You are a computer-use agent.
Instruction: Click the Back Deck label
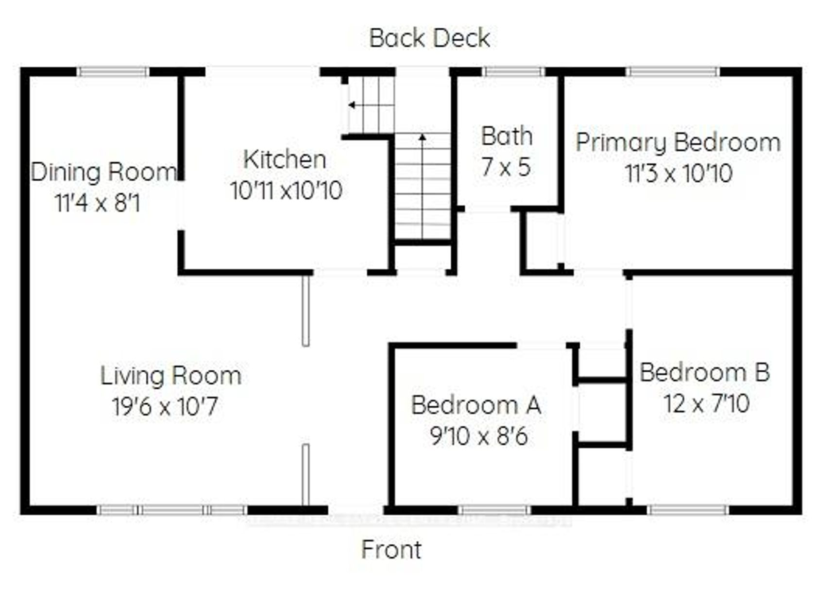coord(429,38)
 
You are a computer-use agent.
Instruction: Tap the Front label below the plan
coord(391,550)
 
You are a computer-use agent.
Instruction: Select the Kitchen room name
coord(285,160)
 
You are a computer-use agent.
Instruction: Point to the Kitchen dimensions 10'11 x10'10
coord(286,191)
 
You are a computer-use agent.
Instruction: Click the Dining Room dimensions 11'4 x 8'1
coord(98,203)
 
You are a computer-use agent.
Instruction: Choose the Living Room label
coord(171,376)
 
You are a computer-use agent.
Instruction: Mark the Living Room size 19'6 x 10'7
coord(165,407)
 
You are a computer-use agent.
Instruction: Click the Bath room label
coord(507,136)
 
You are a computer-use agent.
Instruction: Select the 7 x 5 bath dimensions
coord(506,167)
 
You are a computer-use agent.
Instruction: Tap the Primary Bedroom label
coord(678,143)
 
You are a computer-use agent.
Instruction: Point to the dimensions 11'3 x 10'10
coord(679,173)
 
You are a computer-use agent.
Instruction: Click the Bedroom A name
coord(476,405)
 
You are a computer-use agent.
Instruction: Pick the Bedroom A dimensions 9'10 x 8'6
coord(479,436)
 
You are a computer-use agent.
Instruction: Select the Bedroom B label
coord(705,373)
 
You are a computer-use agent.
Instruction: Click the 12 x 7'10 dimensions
coord(707,404)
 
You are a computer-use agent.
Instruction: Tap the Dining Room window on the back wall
coord(113,71)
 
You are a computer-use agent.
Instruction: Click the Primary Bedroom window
coord(673,71)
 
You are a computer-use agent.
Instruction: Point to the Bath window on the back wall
coord(513,71)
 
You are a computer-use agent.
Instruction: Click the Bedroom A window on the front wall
coord(494,510)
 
